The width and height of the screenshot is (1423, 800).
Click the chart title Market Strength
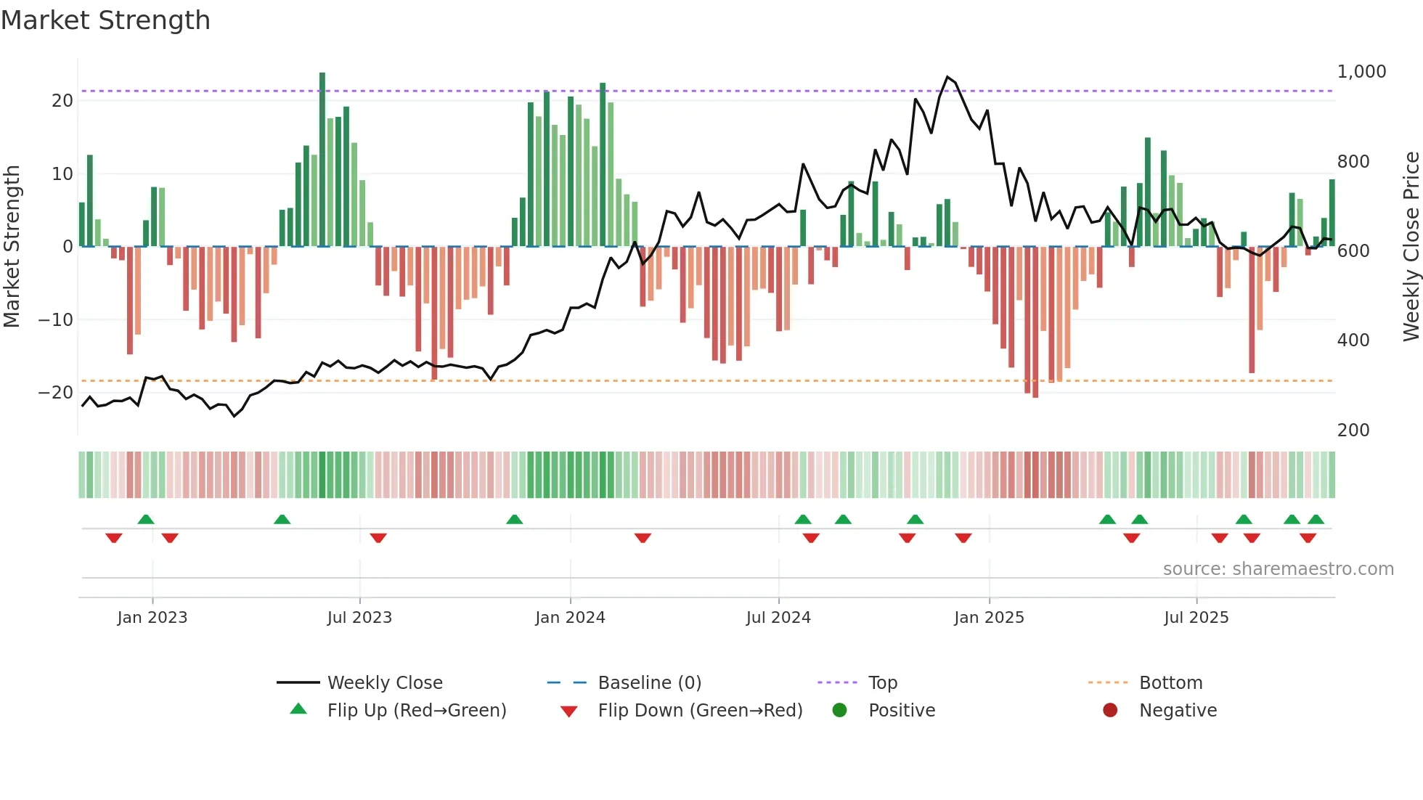pyautogui.click(x=106, y=20)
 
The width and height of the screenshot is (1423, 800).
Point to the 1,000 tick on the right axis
pyautogui.click(x=1361, y=72)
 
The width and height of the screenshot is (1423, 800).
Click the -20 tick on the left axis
pyautogui.click(x=56, y=393)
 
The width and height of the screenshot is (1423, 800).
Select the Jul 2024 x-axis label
pyautogui.click(x=778, y=618)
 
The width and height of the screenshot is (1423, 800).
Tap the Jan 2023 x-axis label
pyautogui.click(x=152, y=618)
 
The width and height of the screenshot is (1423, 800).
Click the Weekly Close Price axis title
pyautogui.click(x=1411, y=247)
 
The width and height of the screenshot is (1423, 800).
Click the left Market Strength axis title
pyautogui.click(x=12, y=247)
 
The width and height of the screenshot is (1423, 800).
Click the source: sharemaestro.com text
pyautogui.click(x=1278, y=569)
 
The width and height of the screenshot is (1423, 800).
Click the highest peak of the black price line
pyautogui.click(x=947, y=77)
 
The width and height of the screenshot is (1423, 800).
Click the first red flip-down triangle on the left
pyautogui.click(x=114, y=538)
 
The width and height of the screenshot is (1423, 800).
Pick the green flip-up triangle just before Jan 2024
pyautogui.click(x=514, y=519)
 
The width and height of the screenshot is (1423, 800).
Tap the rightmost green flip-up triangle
pyautogui.click(x=1316, y=519)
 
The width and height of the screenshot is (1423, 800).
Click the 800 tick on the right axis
pyautogui.click(x=1353, y=162)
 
